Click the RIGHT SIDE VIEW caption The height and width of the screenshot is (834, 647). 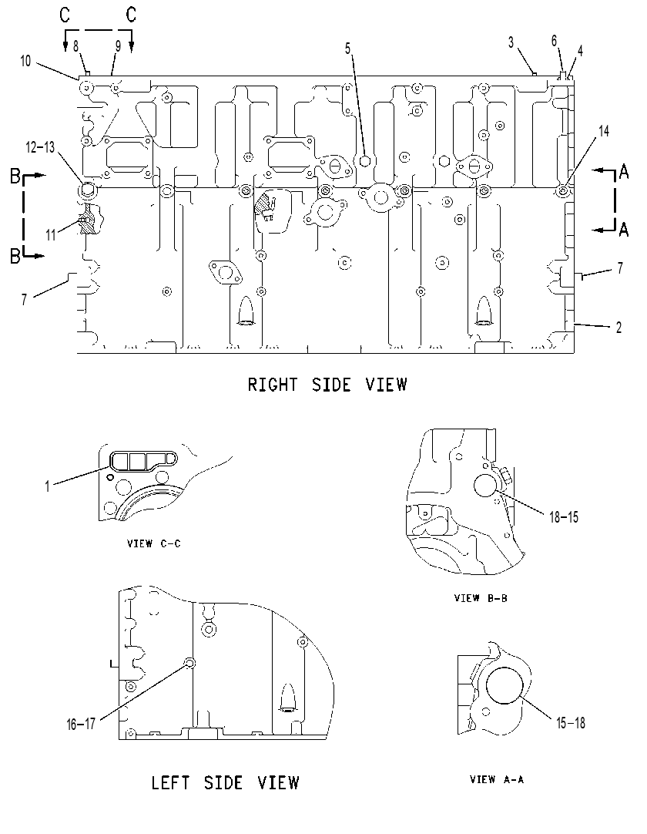tap(327, 385)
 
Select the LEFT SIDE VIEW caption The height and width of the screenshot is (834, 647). tap(226, 783)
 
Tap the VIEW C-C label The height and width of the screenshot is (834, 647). tap(153, 543)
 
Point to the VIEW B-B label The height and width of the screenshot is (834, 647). tap(481, 598)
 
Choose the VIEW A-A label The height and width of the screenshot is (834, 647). tap(497, 779)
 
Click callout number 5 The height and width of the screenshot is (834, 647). tap(347, 49)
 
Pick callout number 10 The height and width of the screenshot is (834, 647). tap(25, 61)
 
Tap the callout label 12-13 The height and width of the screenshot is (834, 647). tap(40, 147)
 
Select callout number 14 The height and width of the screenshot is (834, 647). tap(604, 131)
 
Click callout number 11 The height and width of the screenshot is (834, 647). tap(51, 234)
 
